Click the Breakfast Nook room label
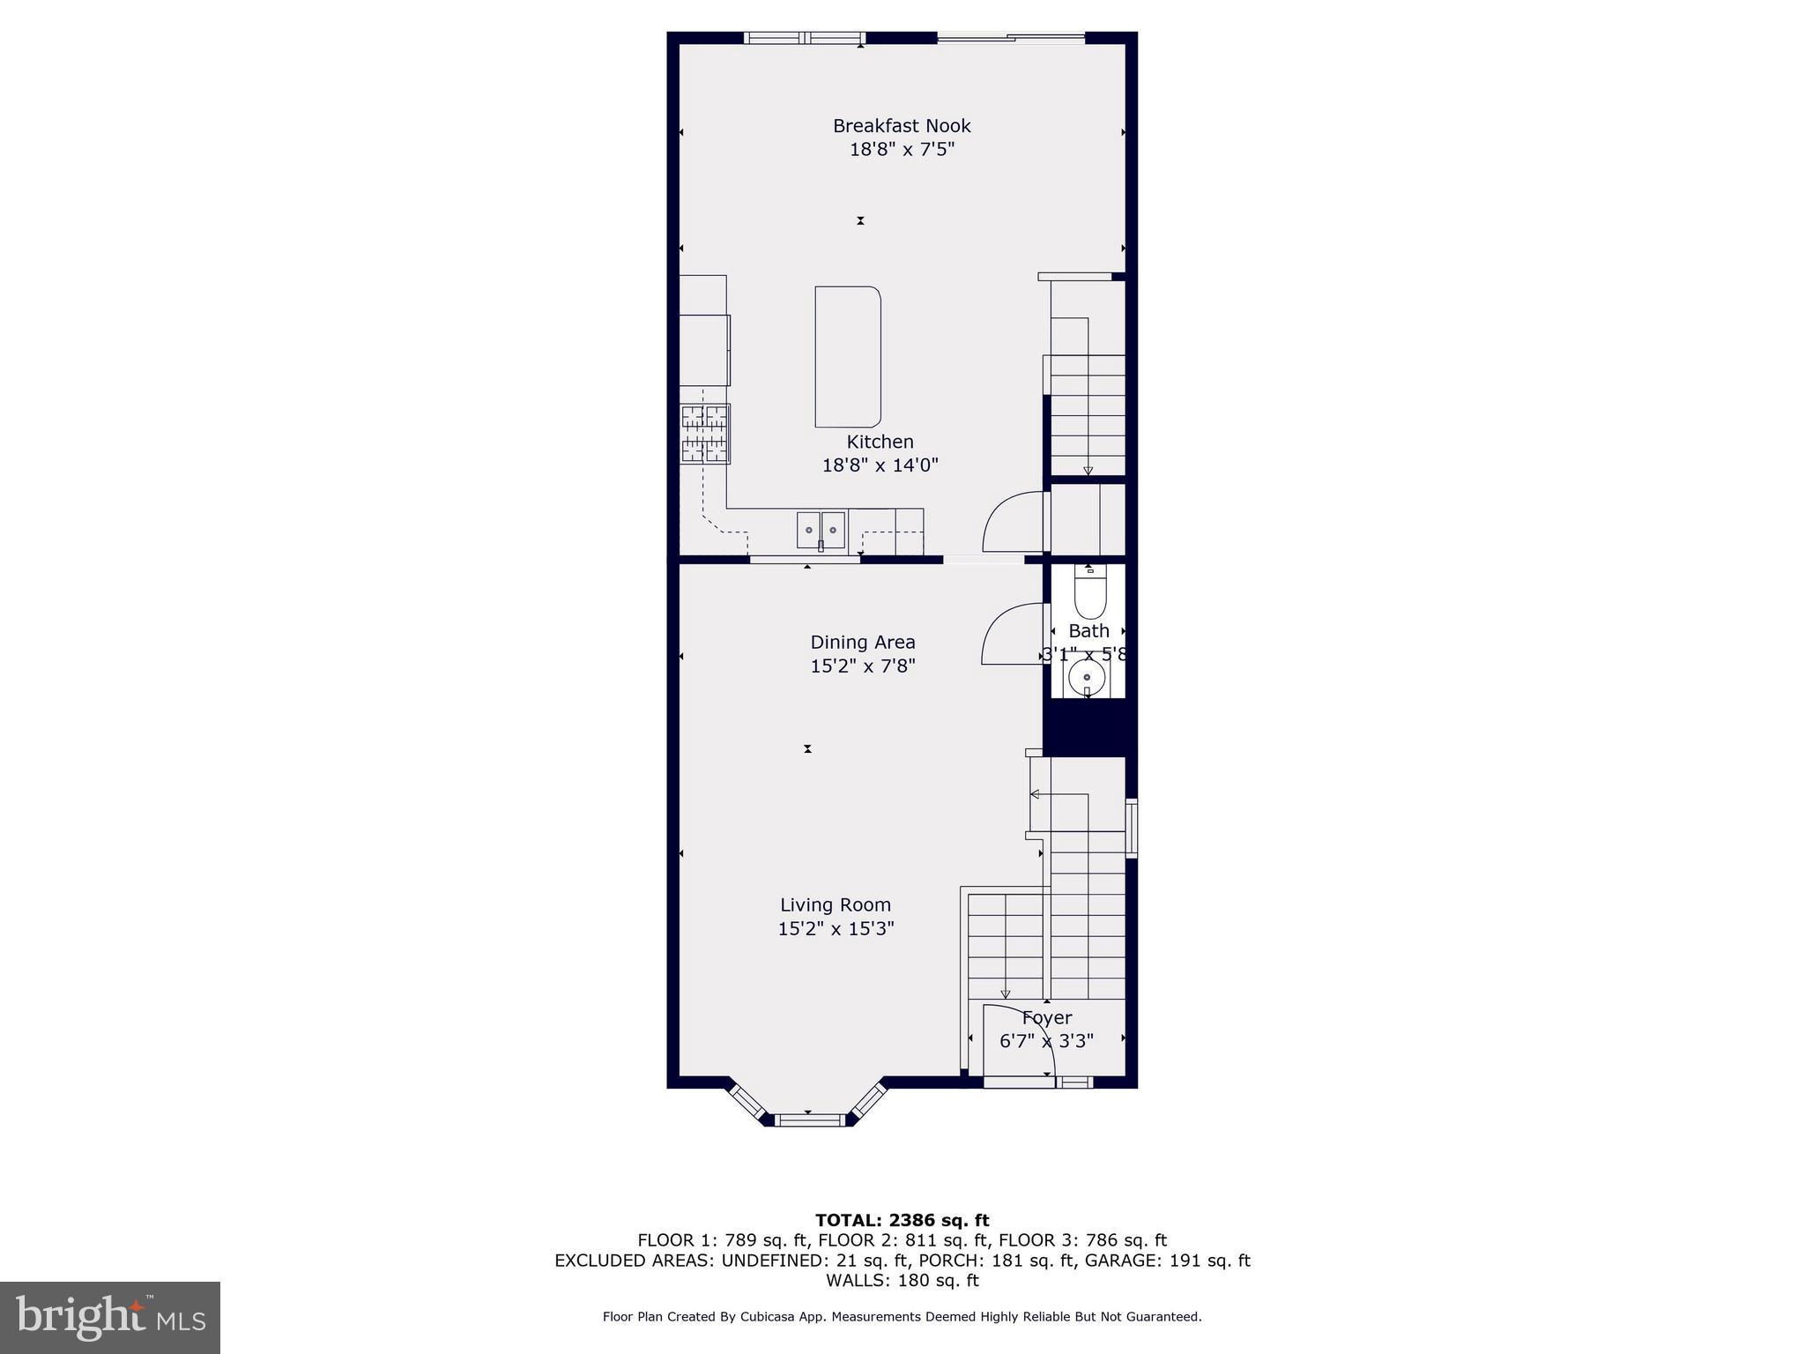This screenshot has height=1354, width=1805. click(902, 126)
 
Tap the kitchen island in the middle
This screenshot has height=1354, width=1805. click(847, 356)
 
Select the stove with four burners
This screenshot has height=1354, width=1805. click(705, 434)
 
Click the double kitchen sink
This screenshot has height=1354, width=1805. click(821, 530)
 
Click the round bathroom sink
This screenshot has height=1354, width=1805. click(1087, 677)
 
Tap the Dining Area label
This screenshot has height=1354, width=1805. click(863, 643)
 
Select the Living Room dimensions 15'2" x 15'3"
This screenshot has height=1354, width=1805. click(836, 928)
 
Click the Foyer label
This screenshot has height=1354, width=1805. click(1047, 1018)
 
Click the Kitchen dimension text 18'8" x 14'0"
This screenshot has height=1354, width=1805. click(880, 465)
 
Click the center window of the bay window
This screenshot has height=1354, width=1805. click(808, 1120)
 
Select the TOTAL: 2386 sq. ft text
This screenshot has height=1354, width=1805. click(902, 1220)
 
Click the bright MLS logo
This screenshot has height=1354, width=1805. click(110, 1317)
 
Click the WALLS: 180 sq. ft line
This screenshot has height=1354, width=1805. click(902, 1281)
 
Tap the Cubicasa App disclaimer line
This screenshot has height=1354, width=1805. click(902, 1317)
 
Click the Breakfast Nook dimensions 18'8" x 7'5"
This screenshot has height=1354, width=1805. click(902, 150)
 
